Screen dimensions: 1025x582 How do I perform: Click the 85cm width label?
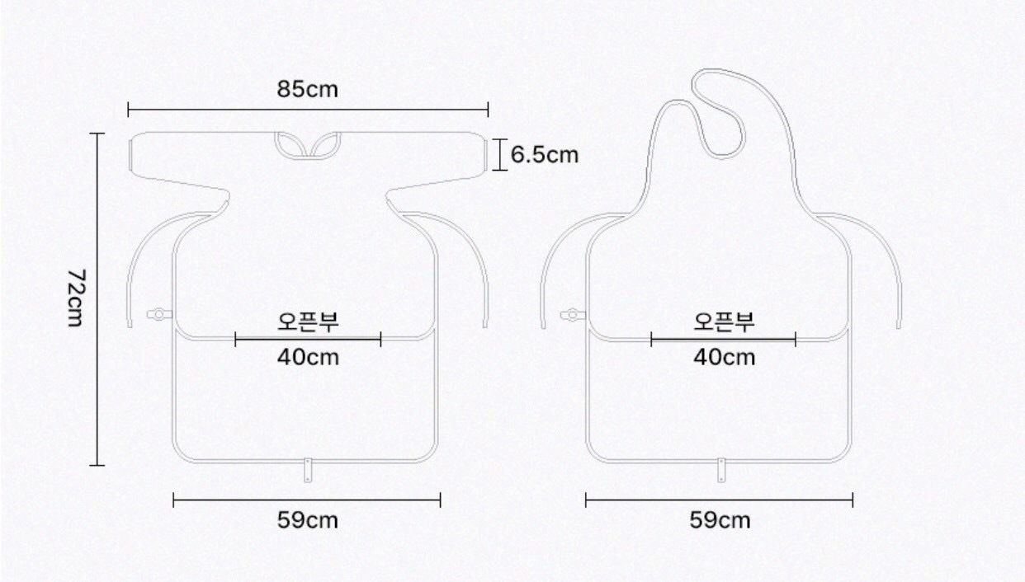pyautogui.click(x=308, y=89)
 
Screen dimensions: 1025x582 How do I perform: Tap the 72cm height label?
pyautogui.click(x=75, y=298)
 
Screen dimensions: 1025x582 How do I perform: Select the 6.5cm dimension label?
pyautogui.click(x=545, y=155)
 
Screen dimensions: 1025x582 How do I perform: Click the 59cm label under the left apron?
pyautogui.click(x=308, y=520)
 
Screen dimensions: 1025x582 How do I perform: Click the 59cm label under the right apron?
pyautogui.click(x=720, y=520)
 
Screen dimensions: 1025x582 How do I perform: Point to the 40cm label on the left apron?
pyautogui.click(x=308, y=357)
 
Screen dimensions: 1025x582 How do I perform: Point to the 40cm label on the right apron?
pyautogui.click(x=724, y=357)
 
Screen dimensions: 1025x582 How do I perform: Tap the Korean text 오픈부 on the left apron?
pyautogui.click(x=308, y=322)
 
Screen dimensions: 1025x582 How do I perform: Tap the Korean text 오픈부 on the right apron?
pyautogui.click(x=724, y=322)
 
